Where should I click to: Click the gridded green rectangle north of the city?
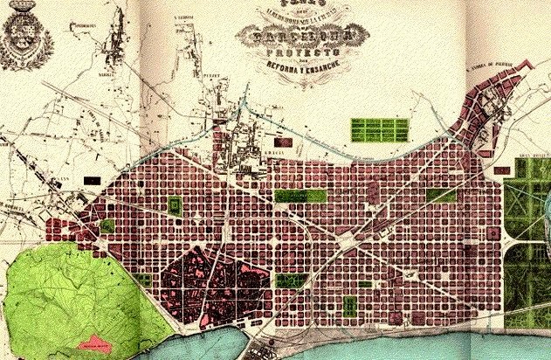(379, 130)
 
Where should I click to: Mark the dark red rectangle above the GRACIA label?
(282, 140)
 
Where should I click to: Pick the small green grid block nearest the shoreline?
(350, 306)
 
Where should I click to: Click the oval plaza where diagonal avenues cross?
(348, 235)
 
